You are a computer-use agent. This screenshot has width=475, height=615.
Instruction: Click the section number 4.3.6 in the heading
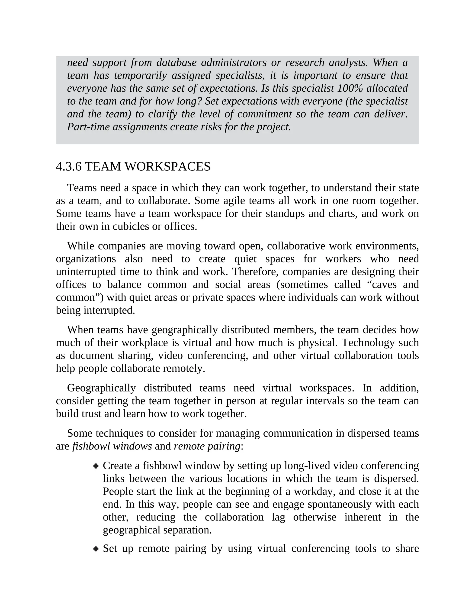[69, 167]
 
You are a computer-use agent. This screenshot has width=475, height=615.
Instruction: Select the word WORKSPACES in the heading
[167, 167]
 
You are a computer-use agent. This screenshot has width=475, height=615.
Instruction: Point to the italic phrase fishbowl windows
[112, 446]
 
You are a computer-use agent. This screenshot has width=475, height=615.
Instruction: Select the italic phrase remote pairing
[207, 446]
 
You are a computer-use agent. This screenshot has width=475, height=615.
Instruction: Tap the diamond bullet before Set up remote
[96, 549]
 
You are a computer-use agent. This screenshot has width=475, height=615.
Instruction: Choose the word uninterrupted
[86, 272]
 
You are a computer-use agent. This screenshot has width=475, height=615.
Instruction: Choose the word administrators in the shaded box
[234, 62]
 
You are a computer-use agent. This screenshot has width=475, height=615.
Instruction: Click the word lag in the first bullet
[278, 517]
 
